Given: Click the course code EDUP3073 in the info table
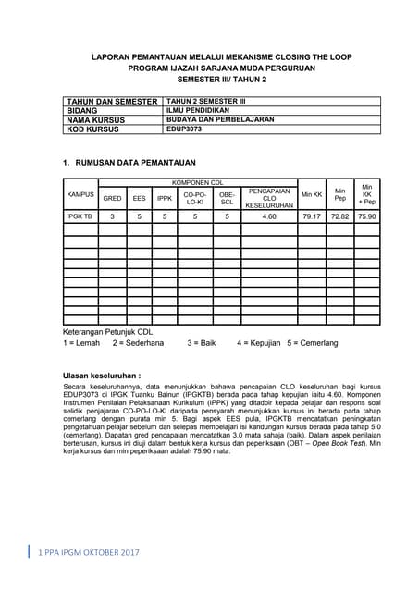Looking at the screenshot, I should pyautogui.click(x=183, y=129).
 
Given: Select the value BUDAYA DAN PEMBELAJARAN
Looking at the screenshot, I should pyautogui.click(x=215, y=119).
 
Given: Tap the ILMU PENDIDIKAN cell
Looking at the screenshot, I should pyautogui.click(x=198, y=110).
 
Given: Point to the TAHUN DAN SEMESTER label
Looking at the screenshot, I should pyautogui.click(x=111, y=101).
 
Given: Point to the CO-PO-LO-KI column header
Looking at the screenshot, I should pyautogui.click(x=195, y=198).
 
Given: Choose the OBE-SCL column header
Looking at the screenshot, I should pyautogui.click(x=227, y=198).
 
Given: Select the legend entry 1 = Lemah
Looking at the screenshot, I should pyautogui.click(x=81, y=342).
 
